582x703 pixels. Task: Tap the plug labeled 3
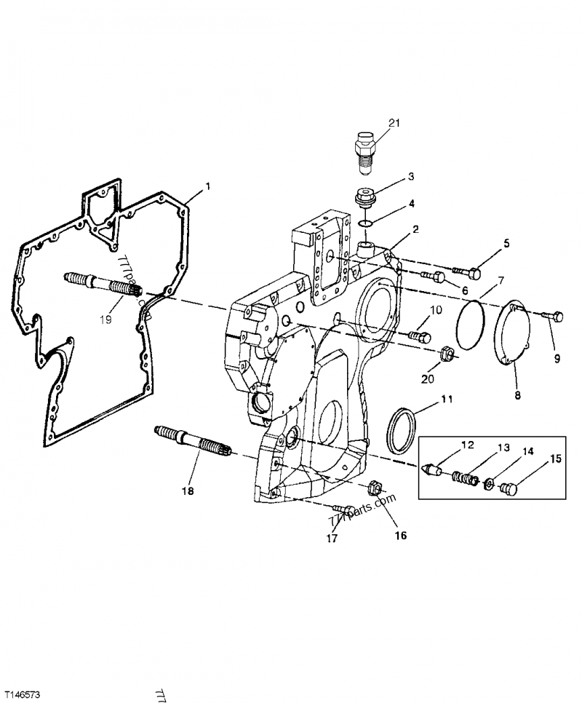tap(364, 198)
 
